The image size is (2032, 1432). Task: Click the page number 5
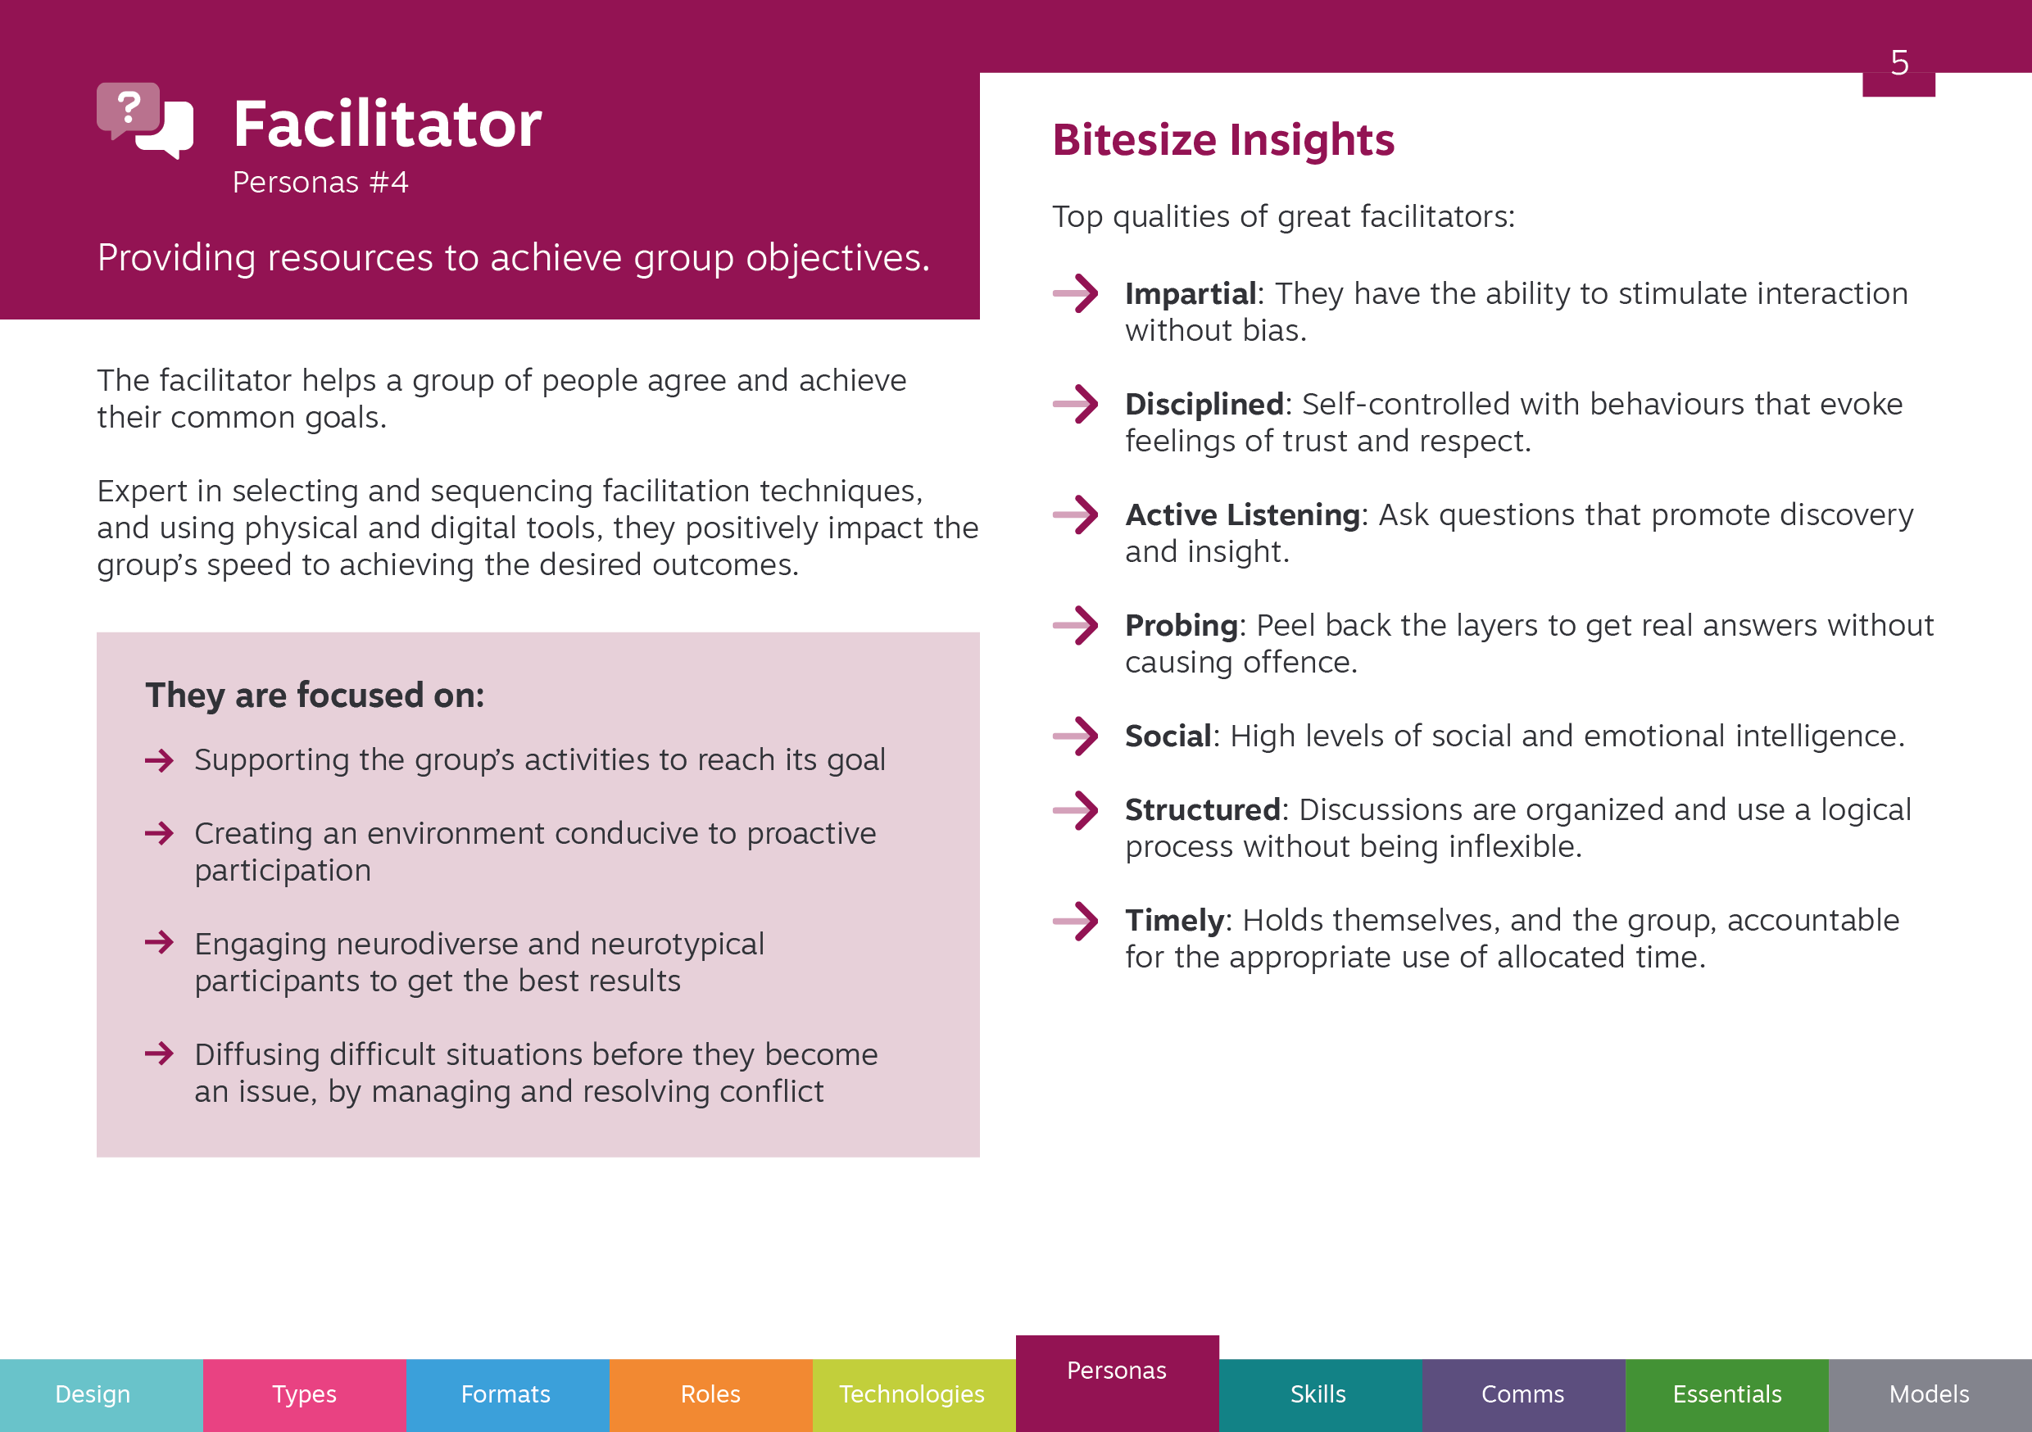[x=1899, y=63]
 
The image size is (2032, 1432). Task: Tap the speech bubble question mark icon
[x=144, y=120]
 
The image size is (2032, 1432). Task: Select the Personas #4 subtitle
[x=320, y=183]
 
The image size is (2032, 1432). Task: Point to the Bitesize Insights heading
[x=1223, y=140]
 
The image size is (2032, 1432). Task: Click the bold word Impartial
[x=1191, y=294]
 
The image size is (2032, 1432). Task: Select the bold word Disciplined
[x=1204, y=405]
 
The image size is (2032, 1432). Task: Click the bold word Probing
[x=1182, y=626]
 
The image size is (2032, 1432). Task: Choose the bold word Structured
[x=1203, y=810]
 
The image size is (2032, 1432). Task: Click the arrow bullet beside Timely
[x=1075, y=921]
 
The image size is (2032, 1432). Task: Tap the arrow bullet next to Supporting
[x=159, y=760]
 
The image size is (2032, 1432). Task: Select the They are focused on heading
[x=315, y=696]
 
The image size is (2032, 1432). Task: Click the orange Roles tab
[x=710, y=1395]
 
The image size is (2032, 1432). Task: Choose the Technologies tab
[x=914, y=1395]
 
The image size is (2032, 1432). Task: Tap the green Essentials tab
[x=1726, y=1395]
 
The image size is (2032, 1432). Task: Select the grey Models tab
[x=1930, y=1395]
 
